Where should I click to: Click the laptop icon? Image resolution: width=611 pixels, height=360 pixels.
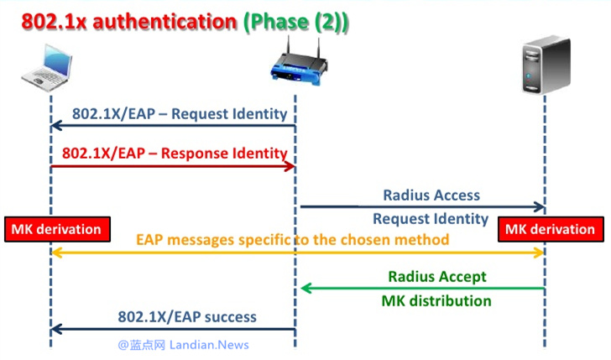click(x=50, y=66)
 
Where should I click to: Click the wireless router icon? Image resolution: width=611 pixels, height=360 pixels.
click(x=295, y=64)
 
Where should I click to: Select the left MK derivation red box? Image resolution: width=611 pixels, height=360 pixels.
click(x=56, y=229)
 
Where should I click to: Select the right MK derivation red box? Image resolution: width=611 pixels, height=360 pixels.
click(x=550, y=229)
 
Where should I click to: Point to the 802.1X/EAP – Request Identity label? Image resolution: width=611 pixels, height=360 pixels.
click(x=180, y=113)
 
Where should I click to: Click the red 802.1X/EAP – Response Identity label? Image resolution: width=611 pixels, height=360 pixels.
click(x=175, y=154)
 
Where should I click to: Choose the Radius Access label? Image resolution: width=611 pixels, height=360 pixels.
click(x=431, y=195)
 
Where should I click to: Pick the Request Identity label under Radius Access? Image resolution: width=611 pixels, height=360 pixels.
click(x=431, y=219)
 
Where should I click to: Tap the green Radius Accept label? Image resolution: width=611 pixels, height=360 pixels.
click(x=436, y=276)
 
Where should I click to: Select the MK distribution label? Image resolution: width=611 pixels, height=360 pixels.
click(x=436, y=300)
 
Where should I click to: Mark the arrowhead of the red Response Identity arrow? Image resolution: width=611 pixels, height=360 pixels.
click(x=291, y=166)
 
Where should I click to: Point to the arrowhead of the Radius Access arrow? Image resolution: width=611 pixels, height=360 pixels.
click(x=540, y=206)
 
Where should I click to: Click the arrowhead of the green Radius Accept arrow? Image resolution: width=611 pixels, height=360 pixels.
click(x=305, y=289)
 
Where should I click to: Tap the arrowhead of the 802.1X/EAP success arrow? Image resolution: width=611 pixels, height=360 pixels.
click(x=56, y=329)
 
